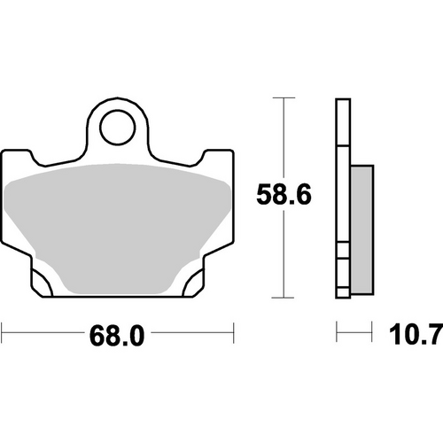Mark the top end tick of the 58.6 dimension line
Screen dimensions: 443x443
pos(283,98)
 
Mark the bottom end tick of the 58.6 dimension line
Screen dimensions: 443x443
pos(283,298)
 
